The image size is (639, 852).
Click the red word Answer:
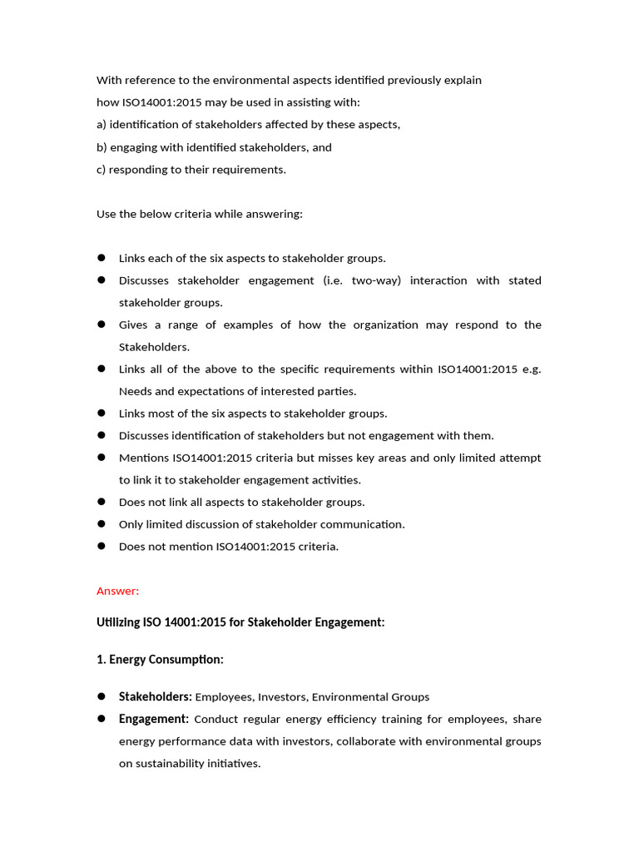(117, 591)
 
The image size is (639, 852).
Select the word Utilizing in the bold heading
(120, 622)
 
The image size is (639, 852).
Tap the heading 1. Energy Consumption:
(160, 659)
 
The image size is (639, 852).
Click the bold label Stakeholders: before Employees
(156, 696)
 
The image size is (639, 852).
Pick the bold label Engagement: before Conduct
(154, 719)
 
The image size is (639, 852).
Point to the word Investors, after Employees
(283, 696)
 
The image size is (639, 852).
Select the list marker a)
(102, 125)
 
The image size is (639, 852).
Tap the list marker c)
(102, 170)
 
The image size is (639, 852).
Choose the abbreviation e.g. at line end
(530, 369)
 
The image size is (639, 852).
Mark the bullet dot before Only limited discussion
(102, 524)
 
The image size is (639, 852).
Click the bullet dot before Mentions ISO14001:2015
(102, 458)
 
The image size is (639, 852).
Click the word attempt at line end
(521, 458)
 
